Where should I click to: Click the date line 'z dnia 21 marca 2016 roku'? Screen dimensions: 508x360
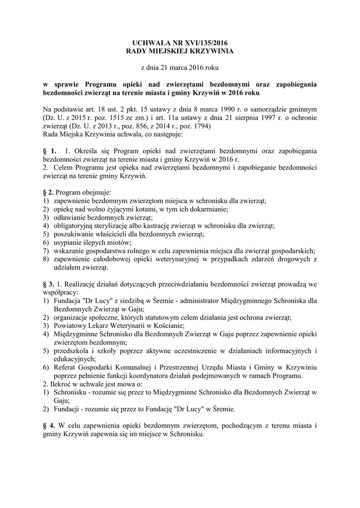tap(180, 66)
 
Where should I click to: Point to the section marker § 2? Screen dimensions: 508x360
tap(49, 192)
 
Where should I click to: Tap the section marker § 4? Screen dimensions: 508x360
tap(49, 426)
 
